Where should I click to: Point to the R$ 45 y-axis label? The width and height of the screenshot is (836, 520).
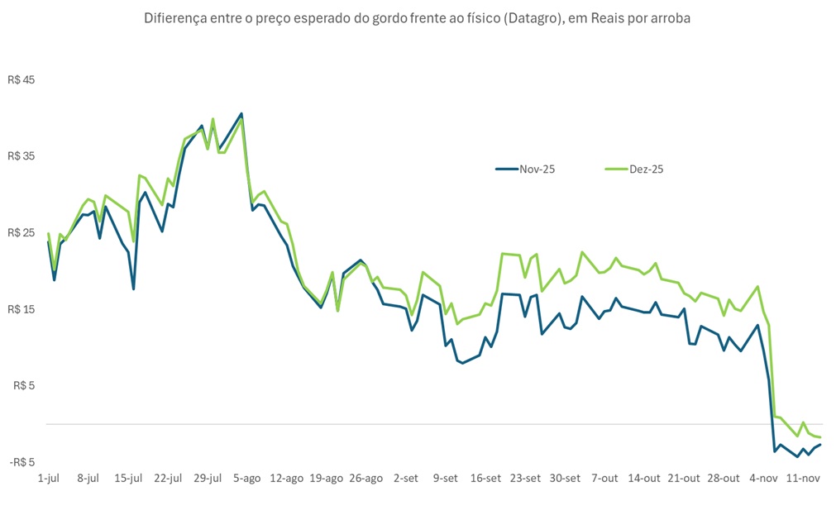click(22, 80)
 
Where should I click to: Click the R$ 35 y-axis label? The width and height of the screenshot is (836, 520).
click(22, 156)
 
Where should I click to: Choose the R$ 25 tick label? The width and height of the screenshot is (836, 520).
click(22, 233)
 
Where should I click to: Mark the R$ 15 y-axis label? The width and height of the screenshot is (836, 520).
click(22, 309)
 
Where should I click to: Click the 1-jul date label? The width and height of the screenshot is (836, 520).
click(49, 478)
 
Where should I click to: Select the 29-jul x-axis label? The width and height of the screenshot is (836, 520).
click(207, 478)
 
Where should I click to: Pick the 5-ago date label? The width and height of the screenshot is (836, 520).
click(247, 478)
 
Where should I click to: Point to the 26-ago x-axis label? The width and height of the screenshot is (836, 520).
click(366, 478)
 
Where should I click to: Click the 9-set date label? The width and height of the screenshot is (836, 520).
click(446, 478)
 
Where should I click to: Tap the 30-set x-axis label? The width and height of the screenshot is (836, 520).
click(565, 478)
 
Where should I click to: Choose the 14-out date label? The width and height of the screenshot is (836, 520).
click(644, 478)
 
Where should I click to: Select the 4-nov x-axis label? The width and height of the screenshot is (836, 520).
click(763, 478)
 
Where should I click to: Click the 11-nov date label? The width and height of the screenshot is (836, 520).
click(803, 478)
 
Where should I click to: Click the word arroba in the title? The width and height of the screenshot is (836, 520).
click(668, 18)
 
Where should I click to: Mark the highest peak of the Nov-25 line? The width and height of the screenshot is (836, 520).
click(241, 113)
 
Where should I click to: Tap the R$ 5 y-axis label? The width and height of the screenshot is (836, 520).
click(25, 385)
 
